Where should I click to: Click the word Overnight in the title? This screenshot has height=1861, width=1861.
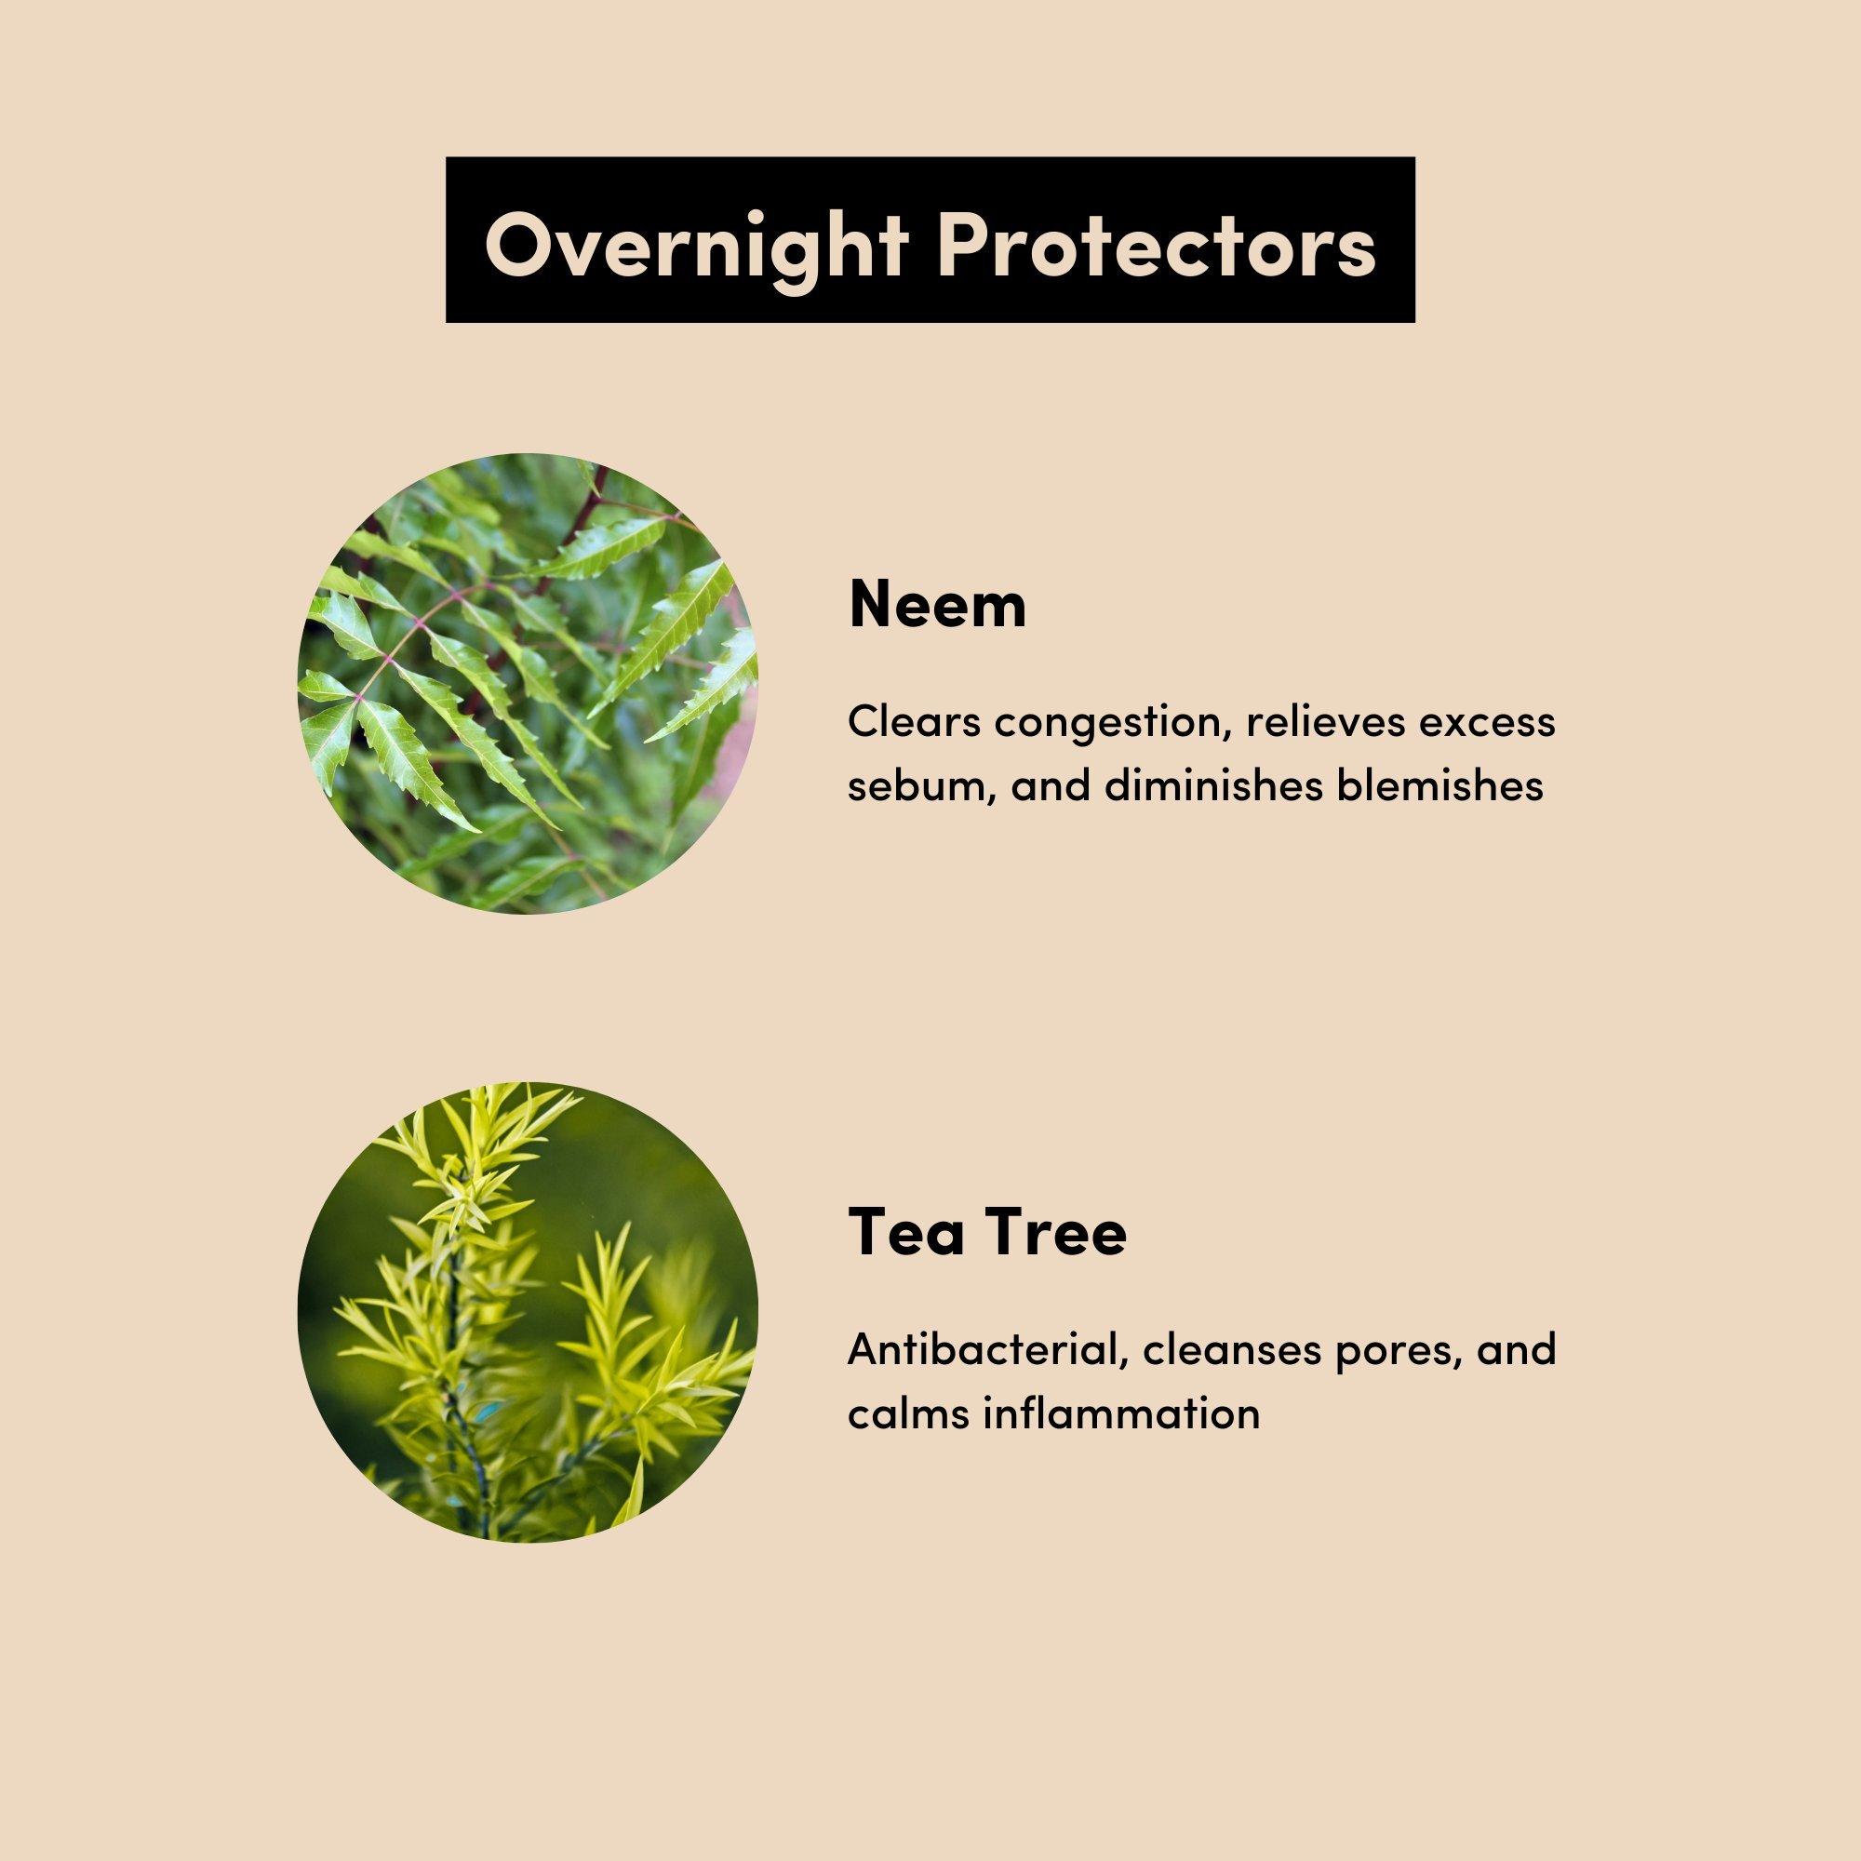pyautogui.click(x=697, y=241)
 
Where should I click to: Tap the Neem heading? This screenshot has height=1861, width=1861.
pyautogui.click(x=937, y=606)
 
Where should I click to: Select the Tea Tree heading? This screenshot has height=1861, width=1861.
pyautogui.click(x=987, y=1233)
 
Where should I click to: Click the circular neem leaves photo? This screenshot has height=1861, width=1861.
pyautogui.click(x=528, y=684)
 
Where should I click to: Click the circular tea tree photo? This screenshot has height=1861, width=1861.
pyautogui.click(x=528, y=1311)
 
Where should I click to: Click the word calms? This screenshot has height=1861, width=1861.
pyautogui.click(x=896, y=1413)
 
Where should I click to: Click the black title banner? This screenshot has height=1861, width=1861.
pyautogui.click(x=930, y=240)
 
